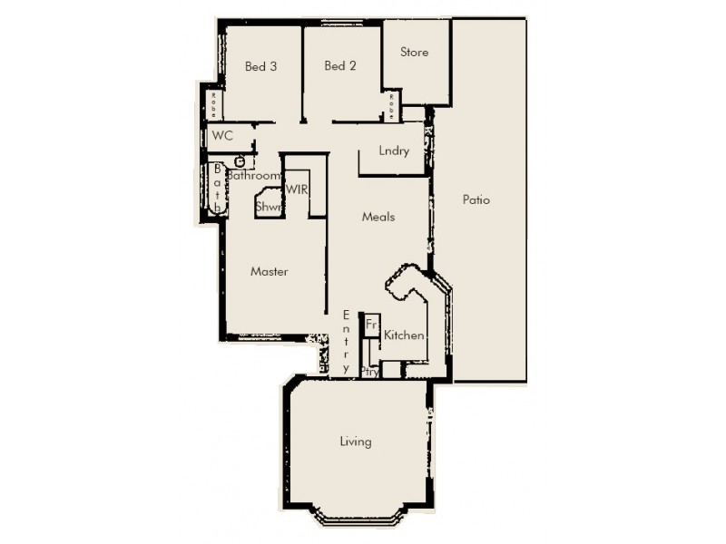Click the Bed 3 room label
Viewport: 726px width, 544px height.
tap(260, 66)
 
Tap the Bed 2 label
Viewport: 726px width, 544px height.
tap(339, 66)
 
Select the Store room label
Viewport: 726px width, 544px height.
tap(415, 53)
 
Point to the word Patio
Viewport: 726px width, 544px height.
tap(476, 200)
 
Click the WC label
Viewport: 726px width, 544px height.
tap(222, 136)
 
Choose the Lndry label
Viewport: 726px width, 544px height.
tap(395, 151)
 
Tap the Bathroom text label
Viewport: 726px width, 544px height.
tap(253, 176)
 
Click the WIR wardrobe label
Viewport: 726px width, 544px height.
tap(299, 189)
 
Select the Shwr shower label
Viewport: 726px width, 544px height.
tap(269, 207)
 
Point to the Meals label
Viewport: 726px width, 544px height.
tap(378, 217)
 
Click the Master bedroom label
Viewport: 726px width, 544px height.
tap(270, 271)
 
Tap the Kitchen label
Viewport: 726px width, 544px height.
tap(404, 335)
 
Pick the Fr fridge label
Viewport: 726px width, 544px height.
tap(371, 324)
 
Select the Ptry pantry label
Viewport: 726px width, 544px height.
tap(369, 371)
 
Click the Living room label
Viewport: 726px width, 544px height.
tap(356, 442)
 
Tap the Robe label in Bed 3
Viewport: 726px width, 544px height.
tap(214, 105)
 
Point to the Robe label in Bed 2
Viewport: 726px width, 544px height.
tap(391, 105)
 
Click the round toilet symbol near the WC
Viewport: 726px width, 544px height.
tap(240, 162)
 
